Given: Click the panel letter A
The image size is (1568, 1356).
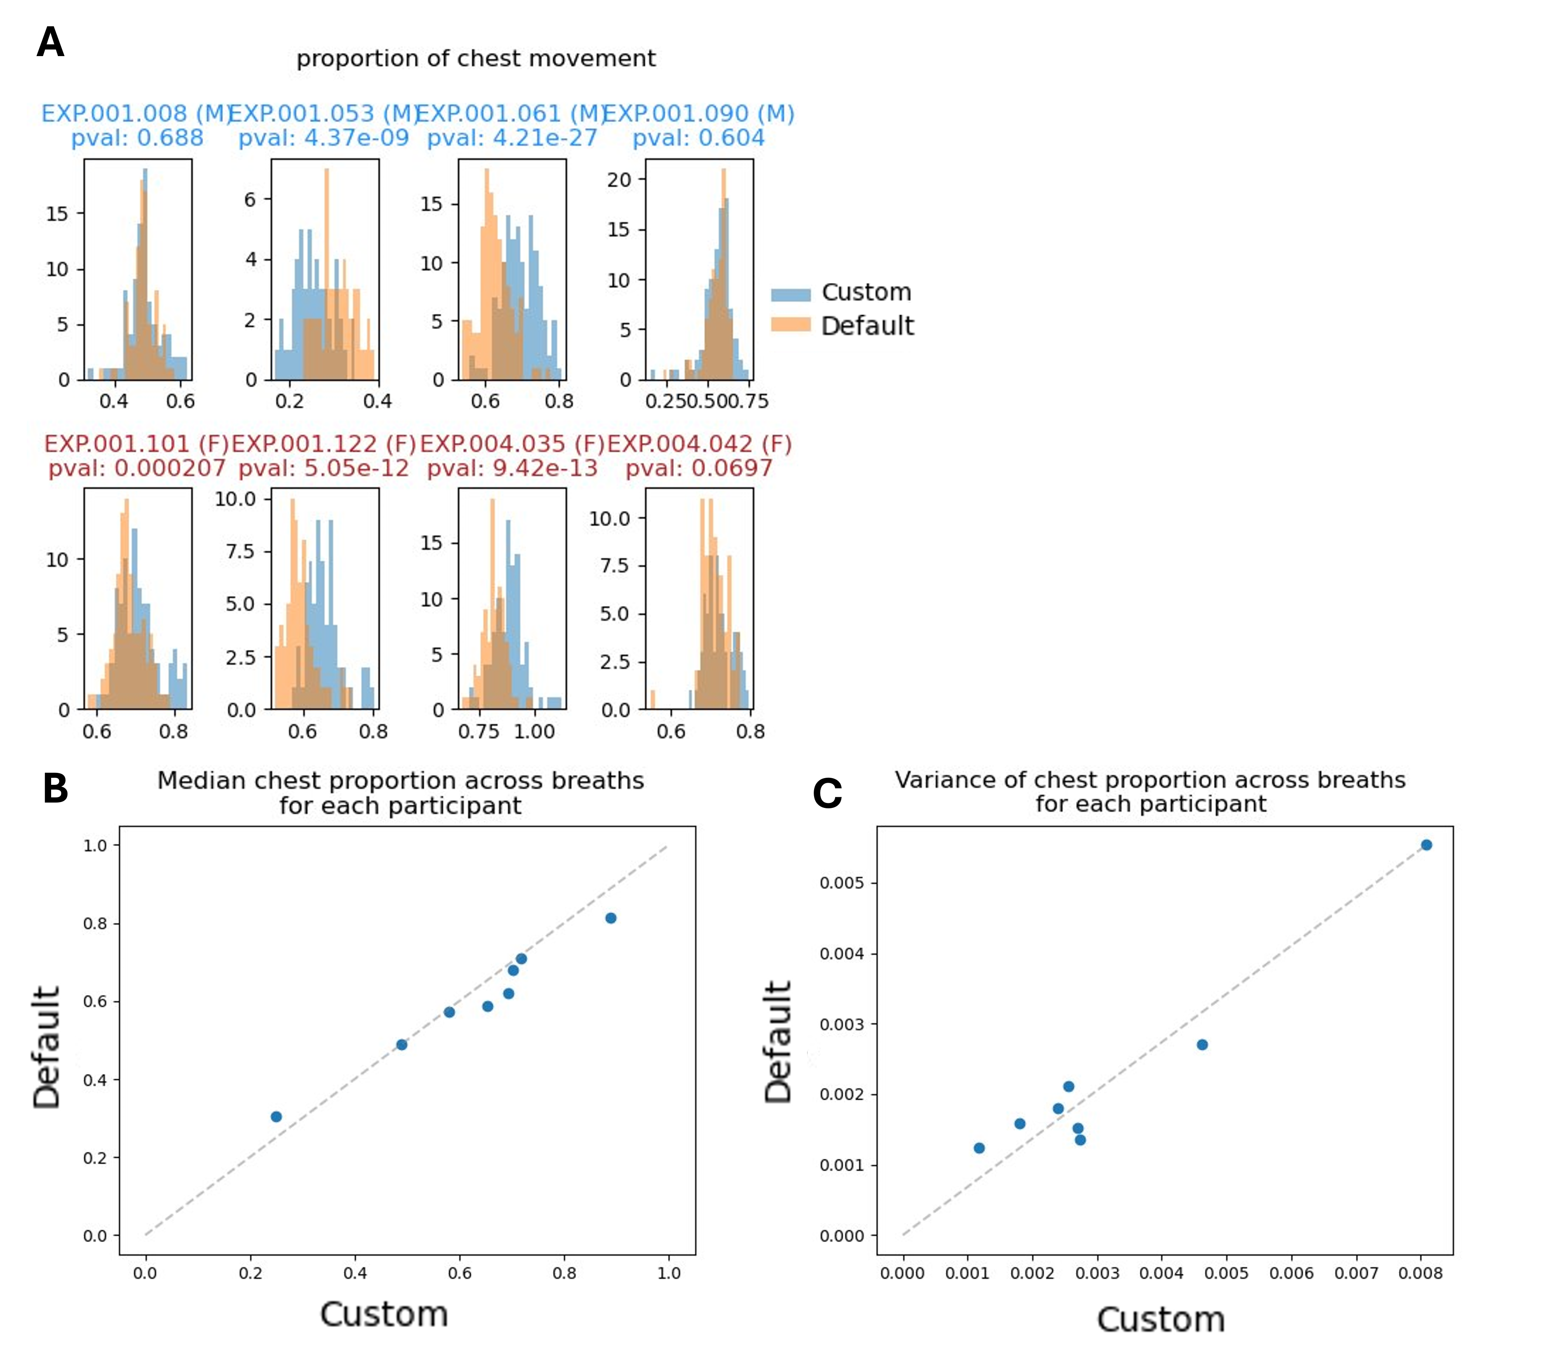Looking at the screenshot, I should pos(50,42).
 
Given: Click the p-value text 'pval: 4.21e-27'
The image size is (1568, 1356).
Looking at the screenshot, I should pos(512,138).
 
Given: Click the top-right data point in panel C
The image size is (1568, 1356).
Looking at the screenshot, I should pos(1426,845).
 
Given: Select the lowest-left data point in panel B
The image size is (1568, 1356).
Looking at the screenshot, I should pos(276,1117).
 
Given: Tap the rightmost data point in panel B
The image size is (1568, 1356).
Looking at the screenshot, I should pos(611,918).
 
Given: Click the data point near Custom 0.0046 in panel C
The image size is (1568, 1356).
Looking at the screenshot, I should pos(1202,1045).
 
